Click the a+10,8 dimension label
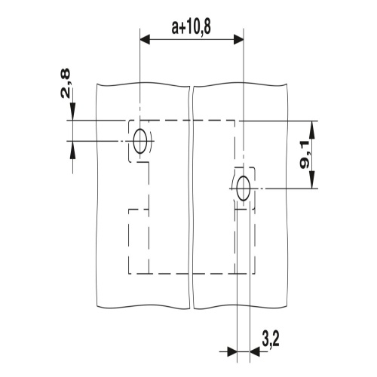191,27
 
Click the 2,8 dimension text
66,83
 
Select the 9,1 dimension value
305,155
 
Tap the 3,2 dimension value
271,339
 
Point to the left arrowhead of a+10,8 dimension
145,39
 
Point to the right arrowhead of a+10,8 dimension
239,39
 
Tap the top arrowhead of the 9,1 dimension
312,130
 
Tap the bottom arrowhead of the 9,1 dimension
312,179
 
